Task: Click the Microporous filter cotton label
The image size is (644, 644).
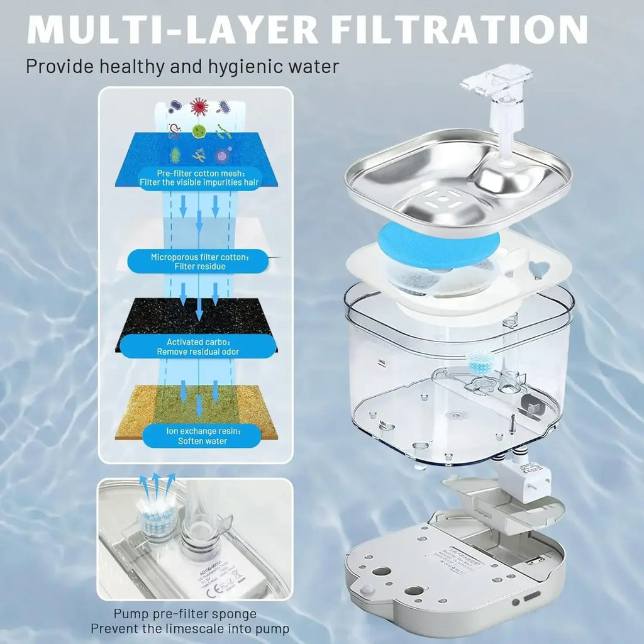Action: point(199,262)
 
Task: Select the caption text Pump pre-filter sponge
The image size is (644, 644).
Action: point(185,614)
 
